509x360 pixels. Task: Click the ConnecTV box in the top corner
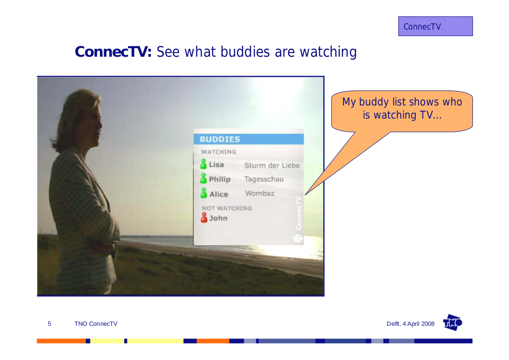(x=435, y=26)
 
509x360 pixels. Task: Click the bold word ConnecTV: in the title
(x=113, y=52)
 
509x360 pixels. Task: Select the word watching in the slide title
(x=328, y=52)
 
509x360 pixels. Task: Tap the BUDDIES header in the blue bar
(x=220, y=139)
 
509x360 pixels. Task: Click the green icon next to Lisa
(x=203, y=164)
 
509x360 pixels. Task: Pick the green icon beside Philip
(x=203, y=178)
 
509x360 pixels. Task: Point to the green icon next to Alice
(x=203, y=193)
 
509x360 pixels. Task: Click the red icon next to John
(x=204, y=217)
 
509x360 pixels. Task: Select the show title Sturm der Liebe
(x=272, y=165)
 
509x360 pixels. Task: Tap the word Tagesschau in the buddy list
(x=264, y=179)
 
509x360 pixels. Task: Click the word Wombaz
(x=260, y=194)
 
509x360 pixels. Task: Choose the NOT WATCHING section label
(x=226, y=208)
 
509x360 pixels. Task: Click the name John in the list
(x=218, y=218)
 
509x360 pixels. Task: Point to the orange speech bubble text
(x=402, y=108)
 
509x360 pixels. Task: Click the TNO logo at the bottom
(x=452, y=322)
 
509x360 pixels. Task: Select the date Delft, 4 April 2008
(x=410, y=323)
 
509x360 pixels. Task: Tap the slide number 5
(x=49, y=323)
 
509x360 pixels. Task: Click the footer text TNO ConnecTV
(x=96, y=323)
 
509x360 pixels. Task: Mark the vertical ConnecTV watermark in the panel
(x=299, y=213)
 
